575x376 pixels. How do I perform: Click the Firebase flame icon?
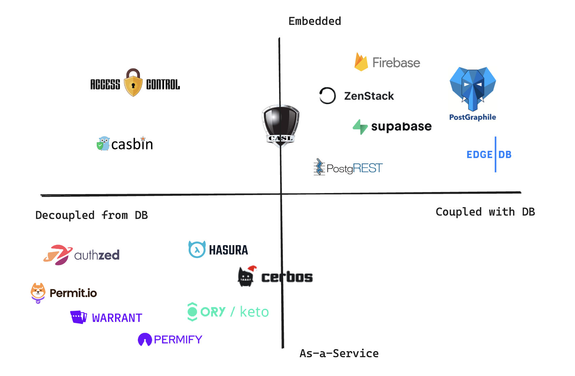click(361, 62)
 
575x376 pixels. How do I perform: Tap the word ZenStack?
click(369, 96)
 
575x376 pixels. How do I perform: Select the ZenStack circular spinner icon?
click(327, 96)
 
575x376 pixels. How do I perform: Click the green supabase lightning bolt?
click(360, 127)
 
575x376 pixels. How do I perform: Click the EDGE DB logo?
click(489, 155)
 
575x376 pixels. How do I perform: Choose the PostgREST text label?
click(354, 168)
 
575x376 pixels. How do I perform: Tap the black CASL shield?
click(280, 124)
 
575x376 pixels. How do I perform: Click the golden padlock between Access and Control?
click(133, 83)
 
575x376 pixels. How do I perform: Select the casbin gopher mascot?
click(104, 144)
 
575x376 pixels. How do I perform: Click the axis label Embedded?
click(315, 21)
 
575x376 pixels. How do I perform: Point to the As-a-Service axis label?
click(339, 353)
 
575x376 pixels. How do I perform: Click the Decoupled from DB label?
click(91, 215)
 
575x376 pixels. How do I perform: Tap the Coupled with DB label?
click(485, 212)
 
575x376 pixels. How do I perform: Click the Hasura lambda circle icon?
click(197, 250)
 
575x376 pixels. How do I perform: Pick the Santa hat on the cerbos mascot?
click(251, 269)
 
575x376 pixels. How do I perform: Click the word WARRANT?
click(117, 318)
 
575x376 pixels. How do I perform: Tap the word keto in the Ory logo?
click(254, 312)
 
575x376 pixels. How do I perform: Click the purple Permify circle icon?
click(145, 340)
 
